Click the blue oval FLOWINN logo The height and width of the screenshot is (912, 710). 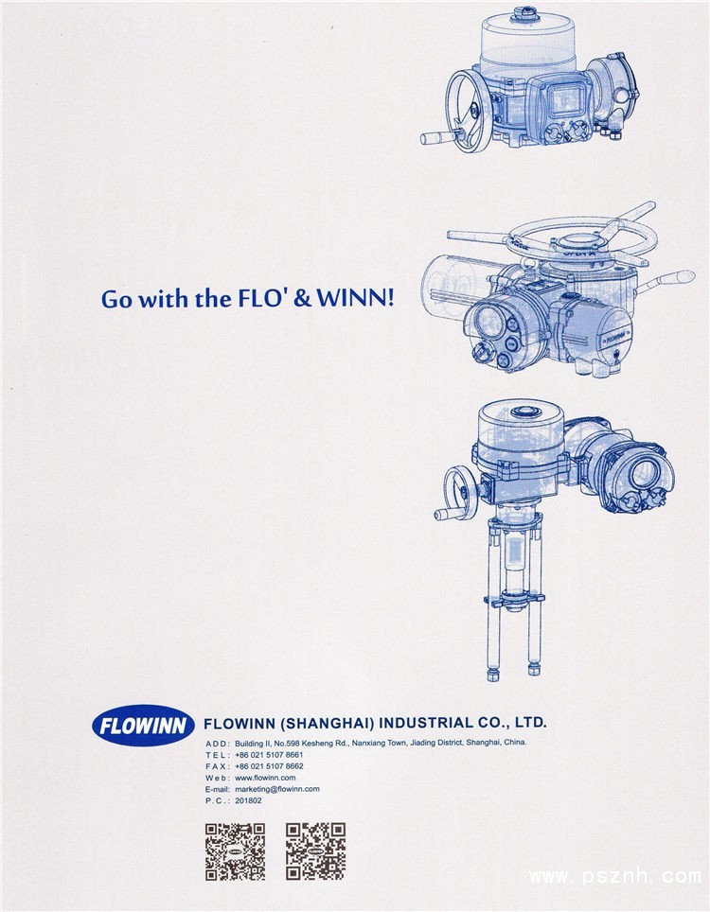pos(143,726)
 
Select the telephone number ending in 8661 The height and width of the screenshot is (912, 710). pos(269,754)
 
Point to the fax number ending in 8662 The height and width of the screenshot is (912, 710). pos(269,766)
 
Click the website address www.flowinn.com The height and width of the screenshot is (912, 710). pos(265,778)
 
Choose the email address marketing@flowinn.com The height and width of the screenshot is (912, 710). pos(277,789)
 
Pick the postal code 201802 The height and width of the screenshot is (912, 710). pos(248,800)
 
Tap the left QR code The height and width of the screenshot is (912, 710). pos(235,851)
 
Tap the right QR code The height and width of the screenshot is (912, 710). pos(315,851)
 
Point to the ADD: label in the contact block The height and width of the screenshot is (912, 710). pos(218,744)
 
